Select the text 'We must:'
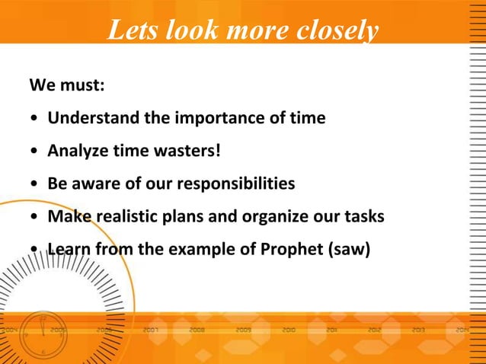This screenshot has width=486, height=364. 66,85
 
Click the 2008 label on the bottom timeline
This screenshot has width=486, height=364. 197,331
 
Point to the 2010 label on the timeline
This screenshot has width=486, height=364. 289,331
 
